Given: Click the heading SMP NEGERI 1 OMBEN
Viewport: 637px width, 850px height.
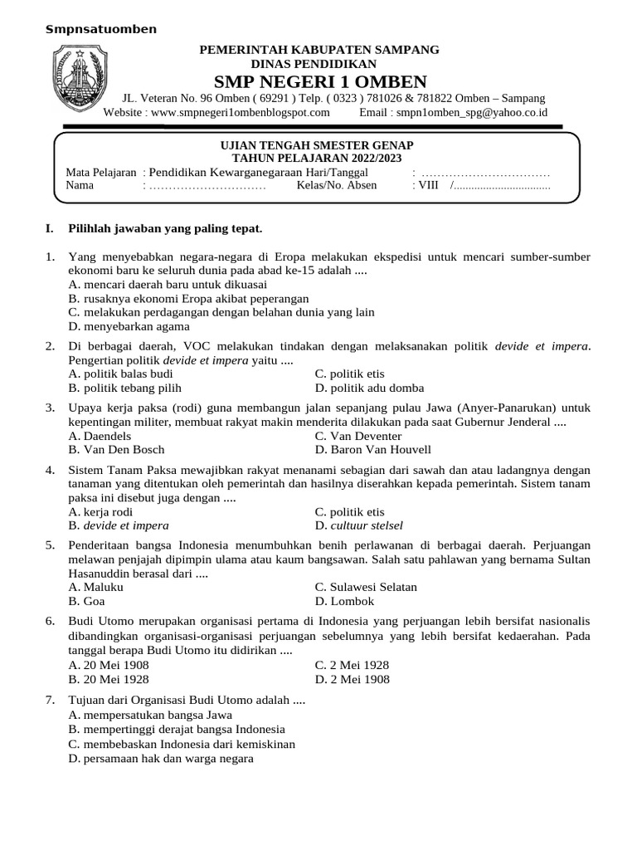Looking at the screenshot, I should [x=320, y=81].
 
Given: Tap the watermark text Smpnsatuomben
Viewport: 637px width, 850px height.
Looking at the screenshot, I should [x=100, y=30].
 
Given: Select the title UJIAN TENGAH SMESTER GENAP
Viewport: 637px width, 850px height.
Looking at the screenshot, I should [x=322, y=145].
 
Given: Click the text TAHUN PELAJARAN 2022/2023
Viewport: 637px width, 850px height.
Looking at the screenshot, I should [x=322, y=159].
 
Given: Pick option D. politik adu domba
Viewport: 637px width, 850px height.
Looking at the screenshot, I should [x=369, y=388].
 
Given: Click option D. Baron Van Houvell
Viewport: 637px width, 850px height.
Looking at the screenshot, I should [x=373, y=450].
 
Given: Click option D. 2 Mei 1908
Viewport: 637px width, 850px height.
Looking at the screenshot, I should [x=352, y=679].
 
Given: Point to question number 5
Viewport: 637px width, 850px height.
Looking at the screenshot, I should [x=51, y=545].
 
